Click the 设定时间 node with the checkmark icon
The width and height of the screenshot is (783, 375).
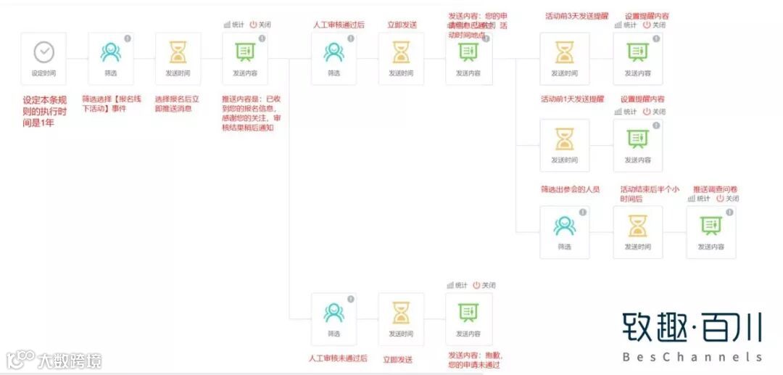click(x=43, y=57)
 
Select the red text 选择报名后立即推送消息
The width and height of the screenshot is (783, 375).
click(x=178, y=103)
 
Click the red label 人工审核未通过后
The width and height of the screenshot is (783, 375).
click(x=338, y=358)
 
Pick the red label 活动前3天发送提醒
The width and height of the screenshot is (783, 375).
click(x=576, y=15)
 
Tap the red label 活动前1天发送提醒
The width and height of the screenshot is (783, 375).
click(x=572, y=99)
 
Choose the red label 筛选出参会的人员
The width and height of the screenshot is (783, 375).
click(x=570, y=189)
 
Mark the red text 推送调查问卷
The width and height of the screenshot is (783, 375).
click(x=716, y=189)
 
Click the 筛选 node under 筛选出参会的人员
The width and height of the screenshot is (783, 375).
click(x=565, y=232)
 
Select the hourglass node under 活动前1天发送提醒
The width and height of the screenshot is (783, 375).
click(x=565, y=145)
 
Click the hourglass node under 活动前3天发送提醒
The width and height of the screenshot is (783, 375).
click(x=565, y=58)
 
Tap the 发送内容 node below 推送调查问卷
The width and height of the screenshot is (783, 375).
click(x=711, y=232)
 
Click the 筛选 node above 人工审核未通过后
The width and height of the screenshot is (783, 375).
click(x=333, y=319)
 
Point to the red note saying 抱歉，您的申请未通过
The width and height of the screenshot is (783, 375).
click(x=475, y=360)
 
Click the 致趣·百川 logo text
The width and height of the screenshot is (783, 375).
click(x=692, y=329)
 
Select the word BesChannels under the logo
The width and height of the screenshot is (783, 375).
click(x=692, y=357)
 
